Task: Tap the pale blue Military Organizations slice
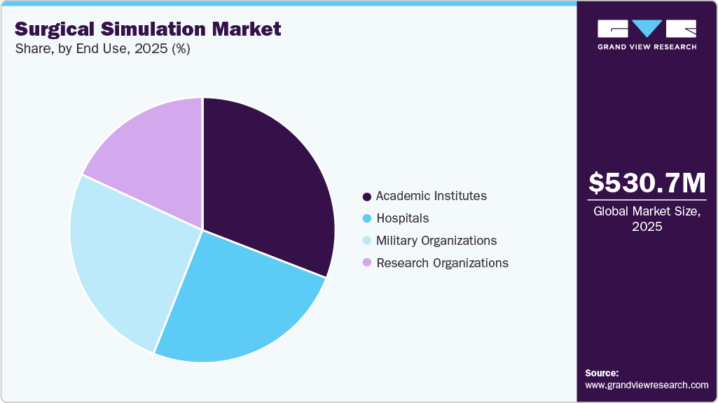coord(126,259)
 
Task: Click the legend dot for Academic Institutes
coord(367,197)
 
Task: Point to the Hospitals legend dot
coord(367,219)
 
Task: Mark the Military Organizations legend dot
coord(367,241)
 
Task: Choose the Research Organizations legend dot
coord(367,264)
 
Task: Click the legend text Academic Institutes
coord(431,196)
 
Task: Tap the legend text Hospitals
coord(402,218)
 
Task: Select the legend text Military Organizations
coord(436,241)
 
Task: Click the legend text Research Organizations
coord(442,263)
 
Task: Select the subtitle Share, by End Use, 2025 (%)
coord(102,49)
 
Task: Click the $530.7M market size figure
coord(647,183)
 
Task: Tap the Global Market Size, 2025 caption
coord(647,219)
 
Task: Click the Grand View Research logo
coord(647,34)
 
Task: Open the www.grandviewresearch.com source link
coord(647,385)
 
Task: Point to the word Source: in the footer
coord(602,373)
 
